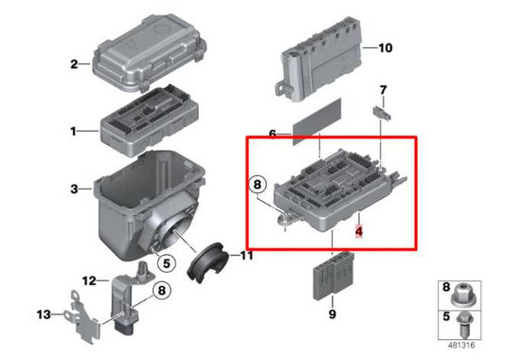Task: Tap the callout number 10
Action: tap(384, 47)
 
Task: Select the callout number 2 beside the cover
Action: tap(73, 64)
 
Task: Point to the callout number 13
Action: tap(43, 315)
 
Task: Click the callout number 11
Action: tap(247, 256)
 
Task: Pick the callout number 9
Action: tap(333, 314)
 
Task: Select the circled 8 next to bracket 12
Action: tap(161, 292)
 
